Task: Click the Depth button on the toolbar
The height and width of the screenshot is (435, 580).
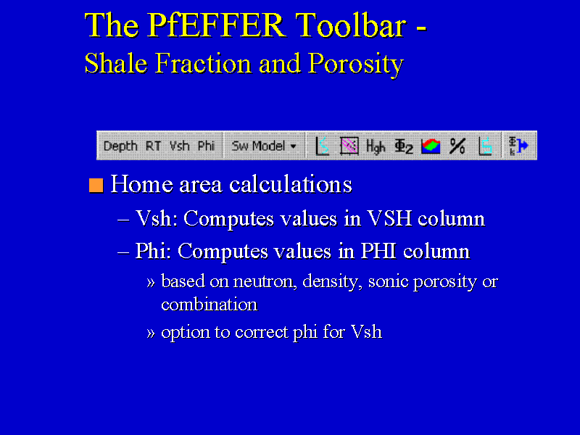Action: coord(120,146)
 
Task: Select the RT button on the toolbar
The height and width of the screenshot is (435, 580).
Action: coord(153,146)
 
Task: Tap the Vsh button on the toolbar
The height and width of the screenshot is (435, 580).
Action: coord(179,146)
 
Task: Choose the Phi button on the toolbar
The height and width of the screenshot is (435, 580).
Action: coord(206,146)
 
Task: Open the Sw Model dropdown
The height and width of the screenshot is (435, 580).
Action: coord(264,146)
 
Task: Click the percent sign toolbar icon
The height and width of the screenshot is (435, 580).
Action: coord(457,146)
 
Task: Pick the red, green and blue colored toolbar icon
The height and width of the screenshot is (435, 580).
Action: coord(431,146)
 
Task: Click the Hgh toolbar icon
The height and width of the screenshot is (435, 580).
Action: coord(376,146)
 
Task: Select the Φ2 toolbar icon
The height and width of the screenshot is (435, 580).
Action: coord(404,146)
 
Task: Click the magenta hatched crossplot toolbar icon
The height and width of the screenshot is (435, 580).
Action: coord(349,146)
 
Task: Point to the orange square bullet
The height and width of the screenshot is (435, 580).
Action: coord(96,185)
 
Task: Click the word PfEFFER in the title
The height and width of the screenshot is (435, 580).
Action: coord(217,25)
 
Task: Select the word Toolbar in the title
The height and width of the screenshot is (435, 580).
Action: coord(351,25)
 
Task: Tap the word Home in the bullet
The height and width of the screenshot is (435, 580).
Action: coord(141,184)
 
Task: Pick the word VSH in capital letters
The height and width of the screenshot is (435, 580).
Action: coord(389,218)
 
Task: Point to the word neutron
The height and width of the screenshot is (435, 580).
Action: coord(265,282)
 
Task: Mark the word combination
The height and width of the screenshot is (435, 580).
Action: coord(210,304)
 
